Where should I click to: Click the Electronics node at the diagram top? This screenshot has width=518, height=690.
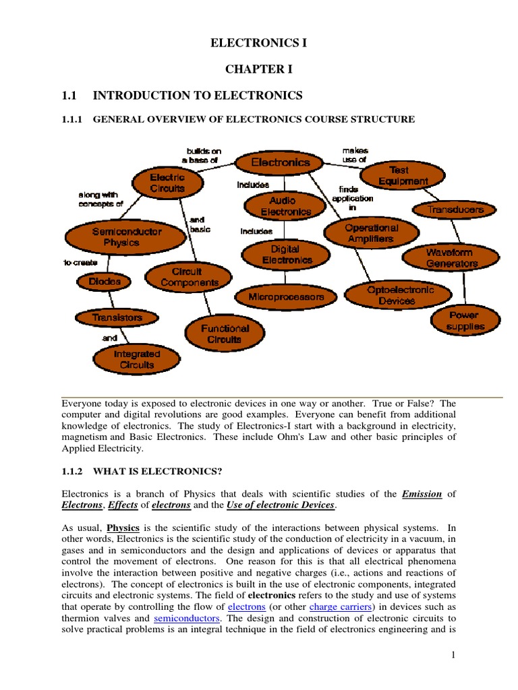(x=281, y=162)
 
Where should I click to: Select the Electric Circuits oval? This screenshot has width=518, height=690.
(x=158, y=183)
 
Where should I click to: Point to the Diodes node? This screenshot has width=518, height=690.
(x=105, y=282)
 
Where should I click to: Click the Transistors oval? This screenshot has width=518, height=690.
(x=117, y=317)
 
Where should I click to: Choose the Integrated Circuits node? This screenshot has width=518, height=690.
(x=137, y=359)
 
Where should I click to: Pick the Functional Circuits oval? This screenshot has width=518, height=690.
(x=225, y=334)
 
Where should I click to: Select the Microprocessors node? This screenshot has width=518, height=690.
(x=286, y=296)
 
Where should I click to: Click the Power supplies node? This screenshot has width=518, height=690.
(x=465, y=321)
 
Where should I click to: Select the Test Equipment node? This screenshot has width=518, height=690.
(x=403, y=176)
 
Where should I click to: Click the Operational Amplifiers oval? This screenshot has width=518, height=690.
(x=372, y=233)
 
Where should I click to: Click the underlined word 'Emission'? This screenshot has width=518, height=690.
(x=422, y=493)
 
